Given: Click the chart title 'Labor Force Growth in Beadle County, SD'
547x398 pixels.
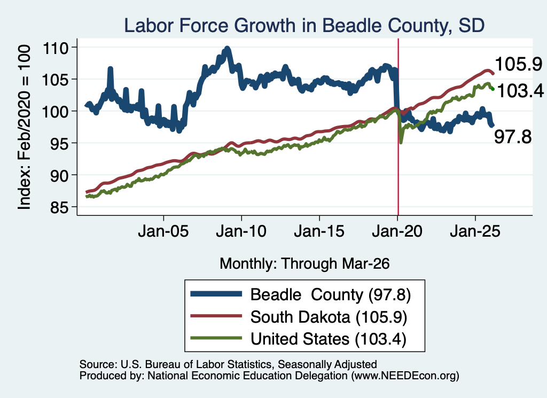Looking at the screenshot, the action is click(x=304, y=26).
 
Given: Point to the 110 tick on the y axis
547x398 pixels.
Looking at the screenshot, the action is click(x=55, y=48).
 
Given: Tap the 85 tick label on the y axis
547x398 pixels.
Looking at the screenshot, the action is click(x=59, y=207).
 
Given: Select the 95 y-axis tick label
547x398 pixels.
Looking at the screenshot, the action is click(x=59, y=143).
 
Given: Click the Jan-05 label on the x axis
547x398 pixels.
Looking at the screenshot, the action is click(x=163, y=231).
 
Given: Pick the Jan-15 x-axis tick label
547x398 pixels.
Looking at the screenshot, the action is click(x=319, y=231).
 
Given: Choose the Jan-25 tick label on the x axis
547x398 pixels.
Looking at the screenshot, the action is click(x=475, y=231).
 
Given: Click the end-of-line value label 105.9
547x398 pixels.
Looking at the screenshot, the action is click(x=518, y=65).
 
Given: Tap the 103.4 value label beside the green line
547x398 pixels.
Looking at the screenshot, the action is click(x=520, y=91).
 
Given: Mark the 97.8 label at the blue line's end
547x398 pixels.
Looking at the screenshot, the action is click(x=513, y=136).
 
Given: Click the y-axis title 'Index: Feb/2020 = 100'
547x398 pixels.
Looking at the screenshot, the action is click(x=24, y=127).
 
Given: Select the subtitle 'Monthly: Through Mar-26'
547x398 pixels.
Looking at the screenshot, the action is click(x=304, y=263).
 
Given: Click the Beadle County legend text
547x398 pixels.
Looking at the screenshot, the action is click(x=331, y=295).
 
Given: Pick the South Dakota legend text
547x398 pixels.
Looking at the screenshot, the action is click(x=329, y=317).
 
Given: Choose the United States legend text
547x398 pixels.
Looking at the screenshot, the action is click(x=329, y=339).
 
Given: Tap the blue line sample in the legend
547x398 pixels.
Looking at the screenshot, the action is click(x=216, y=294).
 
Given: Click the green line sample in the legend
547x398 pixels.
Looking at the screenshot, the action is click(x=216, y=338).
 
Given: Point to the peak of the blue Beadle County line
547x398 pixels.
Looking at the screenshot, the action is click(x=227, y=48).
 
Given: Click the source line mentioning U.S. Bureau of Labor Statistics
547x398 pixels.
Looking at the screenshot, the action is click(x=228, y=364).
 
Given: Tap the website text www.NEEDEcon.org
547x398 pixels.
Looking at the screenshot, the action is click(x=405, y=376).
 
